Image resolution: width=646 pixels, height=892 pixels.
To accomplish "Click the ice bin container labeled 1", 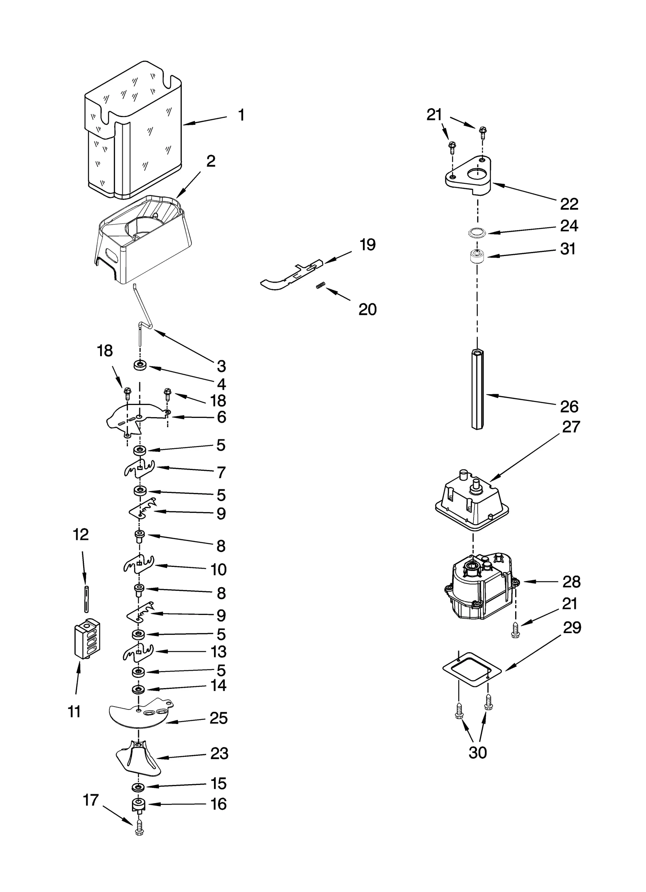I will tap(133, 133).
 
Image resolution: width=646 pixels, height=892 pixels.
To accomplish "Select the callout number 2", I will tap(211, 162).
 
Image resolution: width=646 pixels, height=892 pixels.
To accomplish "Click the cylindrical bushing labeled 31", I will tap(477, 256).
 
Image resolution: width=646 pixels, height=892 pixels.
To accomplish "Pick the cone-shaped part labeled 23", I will tap(138, 759).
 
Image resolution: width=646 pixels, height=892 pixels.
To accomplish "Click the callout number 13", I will tap(218, 652).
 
